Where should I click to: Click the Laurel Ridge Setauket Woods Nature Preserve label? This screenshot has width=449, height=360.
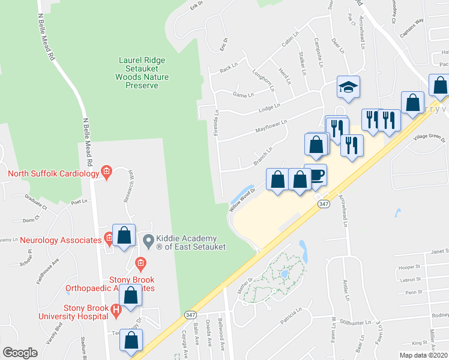142,73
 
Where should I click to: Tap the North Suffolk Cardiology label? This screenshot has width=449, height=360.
53,174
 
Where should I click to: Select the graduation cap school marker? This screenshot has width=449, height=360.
348,88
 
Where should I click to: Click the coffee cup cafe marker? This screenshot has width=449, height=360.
316,175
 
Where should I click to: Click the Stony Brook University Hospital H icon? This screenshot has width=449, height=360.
117,309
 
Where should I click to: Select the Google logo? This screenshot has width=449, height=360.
20,353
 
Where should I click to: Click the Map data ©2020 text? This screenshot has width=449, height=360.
423,355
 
